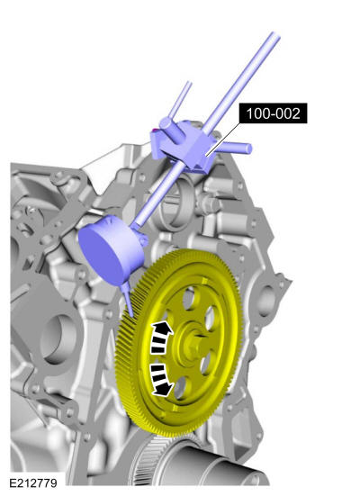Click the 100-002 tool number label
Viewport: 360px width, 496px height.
point(273,113)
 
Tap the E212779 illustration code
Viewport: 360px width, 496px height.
point(33,483)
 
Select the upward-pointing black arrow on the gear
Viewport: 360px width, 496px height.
point(161,338)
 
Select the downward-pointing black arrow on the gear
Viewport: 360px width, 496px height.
point(162,380)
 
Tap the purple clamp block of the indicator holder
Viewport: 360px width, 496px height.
point(183,146)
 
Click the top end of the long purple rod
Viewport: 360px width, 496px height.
point(275,35)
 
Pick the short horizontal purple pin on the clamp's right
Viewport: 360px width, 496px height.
point(235,148)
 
